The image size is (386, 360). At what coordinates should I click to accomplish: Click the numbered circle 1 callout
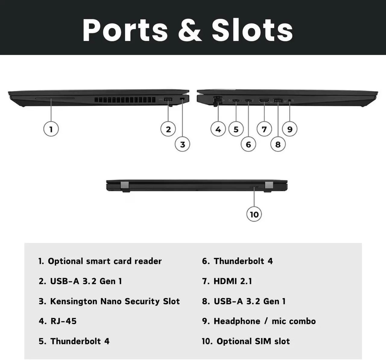point(51,129)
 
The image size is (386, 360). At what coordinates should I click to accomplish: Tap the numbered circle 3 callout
point(182,144)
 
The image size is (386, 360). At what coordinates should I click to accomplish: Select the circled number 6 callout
point(248,144)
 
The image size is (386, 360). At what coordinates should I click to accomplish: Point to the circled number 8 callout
point(278,144)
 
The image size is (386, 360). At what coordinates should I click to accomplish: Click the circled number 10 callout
point(254,214)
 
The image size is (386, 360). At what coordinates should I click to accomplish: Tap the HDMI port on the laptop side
point(264,100)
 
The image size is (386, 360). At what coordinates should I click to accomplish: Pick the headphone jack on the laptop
point(290,100)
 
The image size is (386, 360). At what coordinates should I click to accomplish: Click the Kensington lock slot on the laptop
point(182,99)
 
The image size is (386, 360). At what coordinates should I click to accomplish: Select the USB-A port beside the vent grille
point(168,99)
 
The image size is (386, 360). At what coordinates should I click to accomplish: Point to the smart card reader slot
point(55,98)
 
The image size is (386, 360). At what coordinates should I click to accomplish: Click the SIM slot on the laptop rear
point(254,187)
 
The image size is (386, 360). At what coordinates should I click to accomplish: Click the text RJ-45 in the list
point(64,321)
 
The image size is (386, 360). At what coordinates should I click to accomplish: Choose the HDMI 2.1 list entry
point(233,281)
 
